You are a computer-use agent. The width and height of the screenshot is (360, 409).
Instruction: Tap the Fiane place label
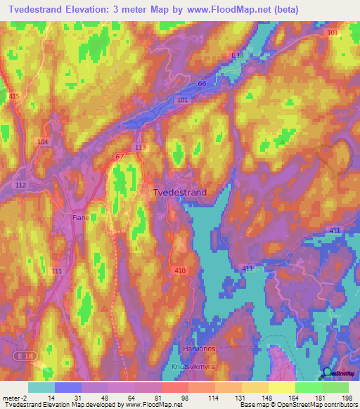tap(80, 218)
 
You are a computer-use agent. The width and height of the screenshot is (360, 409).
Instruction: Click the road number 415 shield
tap(14, 96)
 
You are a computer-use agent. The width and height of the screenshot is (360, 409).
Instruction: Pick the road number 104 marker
tap(44, 142)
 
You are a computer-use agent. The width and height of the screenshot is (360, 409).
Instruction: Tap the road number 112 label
tap(20, 185)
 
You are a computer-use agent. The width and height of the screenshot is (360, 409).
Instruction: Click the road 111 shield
tap(57, 271)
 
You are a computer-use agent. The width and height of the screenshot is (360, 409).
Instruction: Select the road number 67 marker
tap(120, 156)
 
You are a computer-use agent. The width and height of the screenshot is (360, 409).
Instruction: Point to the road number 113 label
tap(140, 147)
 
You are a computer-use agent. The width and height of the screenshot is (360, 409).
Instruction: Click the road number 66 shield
tap(202, 84)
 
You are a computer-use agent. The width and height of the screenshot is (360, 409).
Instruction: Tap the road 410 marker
tap(179, 269)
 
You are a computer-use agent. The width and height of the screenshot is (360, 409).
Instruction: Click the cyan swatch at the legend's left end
tap(41, 387)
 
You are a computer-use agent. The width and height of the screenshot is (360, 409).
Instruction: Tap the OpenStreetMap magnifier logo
tap(327, 373)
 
